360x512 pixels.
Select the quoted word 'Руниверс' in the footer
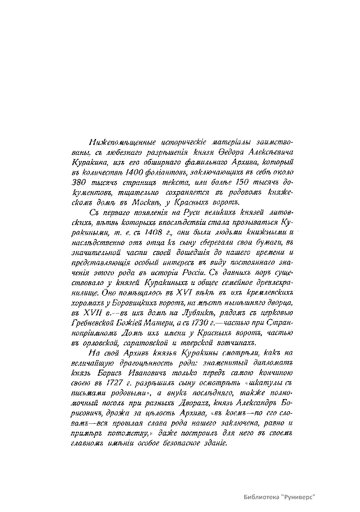(298, 497)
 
